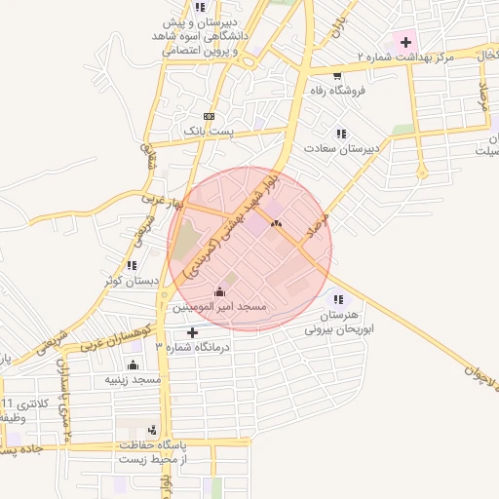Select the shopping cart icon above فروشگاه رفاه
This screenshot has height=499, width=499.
(x=336, y=76)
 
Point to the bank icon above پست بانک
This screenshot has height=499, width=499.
(x=209, y=115)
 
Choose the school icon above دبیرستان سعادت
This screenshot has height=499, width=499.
(x=340, y=134)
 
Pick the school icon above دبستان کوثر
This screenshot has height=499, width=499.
(x=132, y=265)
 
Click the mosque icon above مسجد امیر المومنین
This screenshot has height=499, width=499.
(x=219, y=291)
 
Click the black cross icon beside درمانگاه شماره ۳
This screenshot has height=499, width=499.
(x=192, y=332)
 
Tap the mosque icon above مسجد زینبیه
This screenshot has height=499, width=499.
(x=134, y=365)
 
